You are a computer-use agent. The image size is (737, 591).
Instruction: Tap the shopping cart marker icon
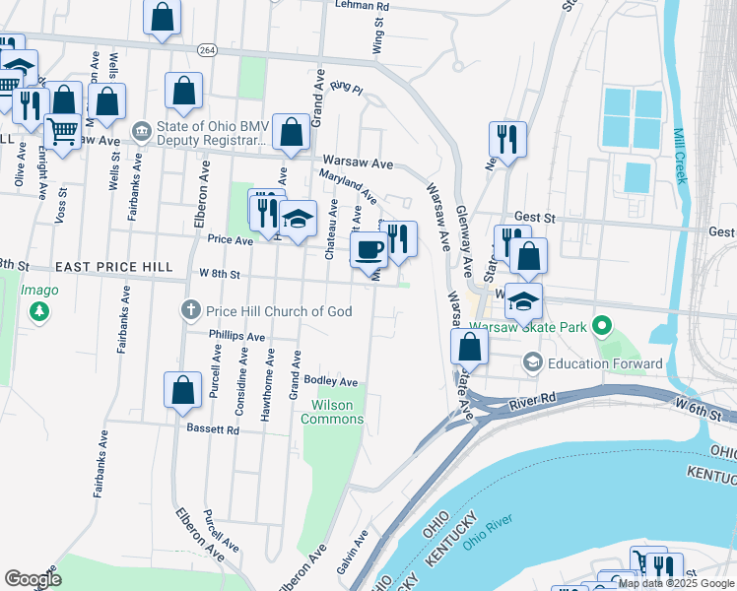click(62, 130)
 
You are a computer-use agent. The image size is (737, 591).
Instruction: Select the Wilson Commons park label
click(337, 412)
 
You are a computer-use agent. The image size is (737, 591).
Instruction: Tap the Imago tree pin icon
click(39, 312)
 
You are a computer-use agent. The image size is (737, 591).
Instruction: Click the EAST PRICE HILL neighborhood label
click(114, 267)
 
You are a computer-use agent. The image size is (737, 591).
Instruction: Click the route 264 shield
click(207, 49)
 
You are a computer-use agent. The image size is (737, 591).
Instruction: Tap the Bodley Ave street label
click(330, 381)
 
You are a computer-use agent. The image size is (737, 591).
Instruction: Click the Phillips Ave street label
click(237, 336)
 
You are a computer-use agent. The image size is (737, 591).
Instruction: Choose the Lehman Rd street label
click(362, 6)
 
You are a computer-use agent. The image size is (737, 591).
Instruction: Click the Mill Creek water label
click(679, 156)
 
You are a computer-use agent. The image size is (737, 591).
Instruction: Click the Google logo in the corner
click(32, 579)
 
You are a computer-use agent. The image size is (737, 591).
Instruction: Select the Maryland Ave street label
click(348, 186)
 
